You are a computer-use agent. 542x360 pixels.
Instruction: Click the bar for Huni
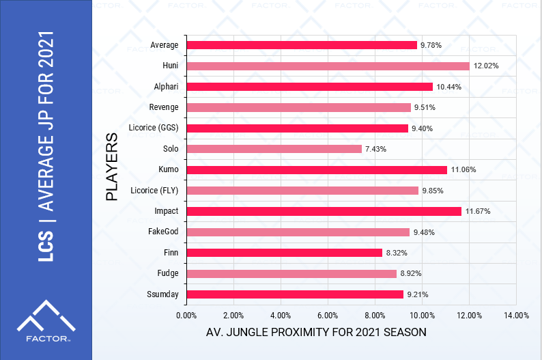pyautogui.click(x=328, y=66)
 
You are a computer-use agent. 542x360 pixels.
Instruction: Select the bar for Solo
pyautogui.click(x=274, y=149)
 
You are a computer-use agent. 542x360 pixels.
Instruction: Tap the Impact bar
pyautogui.click(x=324, y=211)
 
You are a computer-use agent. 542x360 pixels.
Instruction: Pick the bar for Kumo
pyautogui.click(x=317, y=169)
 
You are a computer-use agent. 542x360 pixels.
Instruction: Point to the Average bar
pyautogui.click(x=302, y=45)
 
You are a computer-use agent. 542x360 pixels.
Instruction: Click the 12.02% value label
pyautogui.click(x=486, y=66)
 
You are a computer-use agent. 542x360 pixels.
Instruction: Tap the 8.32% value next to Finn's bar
pyautogui.click(x=397, y=253)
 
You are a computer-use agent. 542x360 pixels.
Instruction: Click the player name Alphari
pyautogui.click(x=167, y=87)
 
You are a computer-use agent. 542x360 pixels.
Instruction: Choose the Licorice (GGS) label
pyautogui.click(x=154, y=128)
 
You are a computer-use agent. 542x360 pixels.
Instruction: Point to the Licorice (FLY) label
pyautogui.click(x=154, y=190)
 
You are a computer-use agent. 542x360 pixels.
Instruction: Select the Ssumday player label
pyautogui.click(x=163, y=294)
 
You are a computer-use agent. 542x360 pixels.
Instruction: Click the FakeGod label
pyautogui.click(x=163, y=232)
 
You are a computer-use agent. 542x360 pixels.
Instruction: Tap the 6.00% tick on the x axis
pyautogui.click(x=328, y=316)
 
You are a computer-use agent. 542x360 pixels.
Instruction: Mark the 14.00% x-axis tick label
pyautogui.click(x=516, y=316)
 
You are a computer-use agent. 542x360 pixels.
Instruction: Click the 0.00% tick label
pyautogui.click(x=186, y=316)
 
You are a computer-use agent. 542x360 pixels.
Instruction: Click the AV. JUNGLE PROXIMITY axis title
pyautogui.click(x=316, y=333)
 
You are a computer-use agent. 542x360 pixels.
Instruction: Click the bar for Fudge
pyautogui.click(x=291, y=274)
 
